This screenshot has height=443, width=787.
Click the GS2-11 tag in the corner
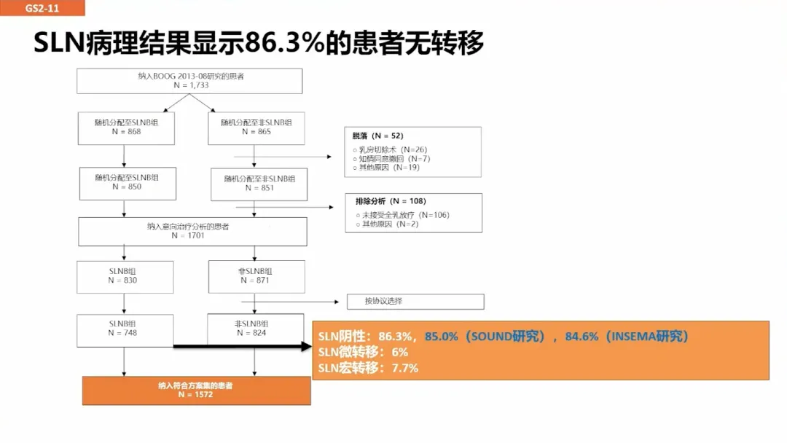click(42, 7)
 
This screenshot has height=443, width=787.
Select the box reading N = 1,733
click(189, 81)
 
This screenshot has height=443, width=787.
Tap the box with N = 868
click(127, 128)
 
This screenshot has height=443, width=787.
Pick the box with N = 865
click(257, 128)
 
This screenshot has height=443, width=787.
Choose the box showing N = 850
click(128, 184)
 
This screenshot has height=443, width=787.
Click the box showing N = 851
click(259, 184)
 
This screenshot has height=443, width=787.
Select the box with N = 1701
click(192, 231)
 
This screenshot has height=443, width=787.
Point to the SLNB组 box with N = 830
click(125, 277)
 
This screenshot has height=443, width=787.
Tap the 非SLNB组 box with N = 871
click(257, 276)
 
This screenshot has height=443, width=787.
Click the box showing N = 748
click(125, 331)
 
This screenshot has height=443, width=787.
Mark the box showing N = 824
click(256, 329)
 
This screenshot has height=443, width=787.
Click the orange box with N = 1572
click(197, 391)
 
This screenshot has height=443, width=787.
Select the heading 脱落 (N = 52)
click(377, 136)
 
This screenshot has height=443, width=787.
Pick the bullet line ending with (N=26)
click(390, 149)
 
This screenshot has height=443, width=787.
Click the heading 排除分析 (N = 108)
click(391, 201)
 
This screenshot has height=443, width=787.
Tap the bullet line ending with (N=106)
click(402, 215)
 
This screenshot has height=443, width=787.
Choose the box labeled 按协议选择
click(415, 302)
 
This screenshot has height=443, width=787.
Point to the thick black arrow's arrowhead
click(306, 346)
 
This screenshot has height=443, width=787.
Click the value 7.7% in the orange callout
click(405, 368)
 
